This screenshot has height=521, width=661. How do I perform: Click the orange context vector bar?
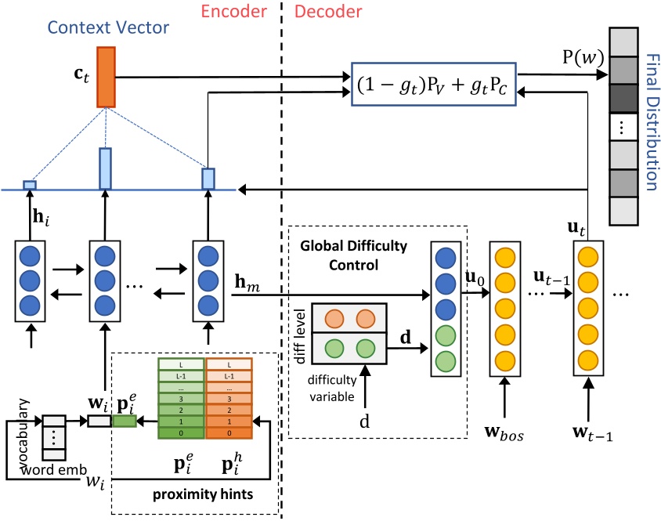tap(105, 76)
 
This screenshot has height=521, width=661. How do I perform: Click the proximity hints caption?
tap(195, 496)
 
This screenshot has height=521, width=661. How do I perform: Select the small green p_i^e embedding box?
tap(125, 422)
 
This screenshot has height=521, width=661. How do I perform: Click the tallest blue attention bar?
tap(105, 168)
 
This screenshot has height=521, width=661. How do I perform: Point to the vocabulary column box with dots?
tap(53, 437)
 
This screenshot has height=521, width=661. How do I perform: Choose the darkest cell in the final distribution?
tap(624, 100)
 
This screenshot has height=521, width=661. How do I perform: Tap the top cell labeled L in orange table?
tap(229, 365)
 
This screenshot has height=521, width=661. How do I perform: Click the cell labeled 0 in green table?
tap(182, 432)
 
